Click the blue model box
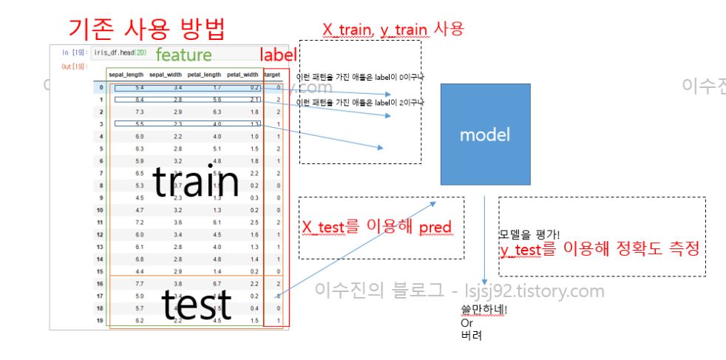484,135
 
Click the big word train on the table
197,184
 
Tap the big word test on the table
196,303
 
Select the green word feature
183,55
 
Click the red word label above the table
278,55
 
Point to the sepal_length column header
125,75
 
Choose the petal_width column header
243,75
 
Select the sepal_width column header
165,75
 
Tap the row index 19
100,320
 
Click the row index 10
100,209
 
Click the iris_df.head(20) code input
120,53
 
